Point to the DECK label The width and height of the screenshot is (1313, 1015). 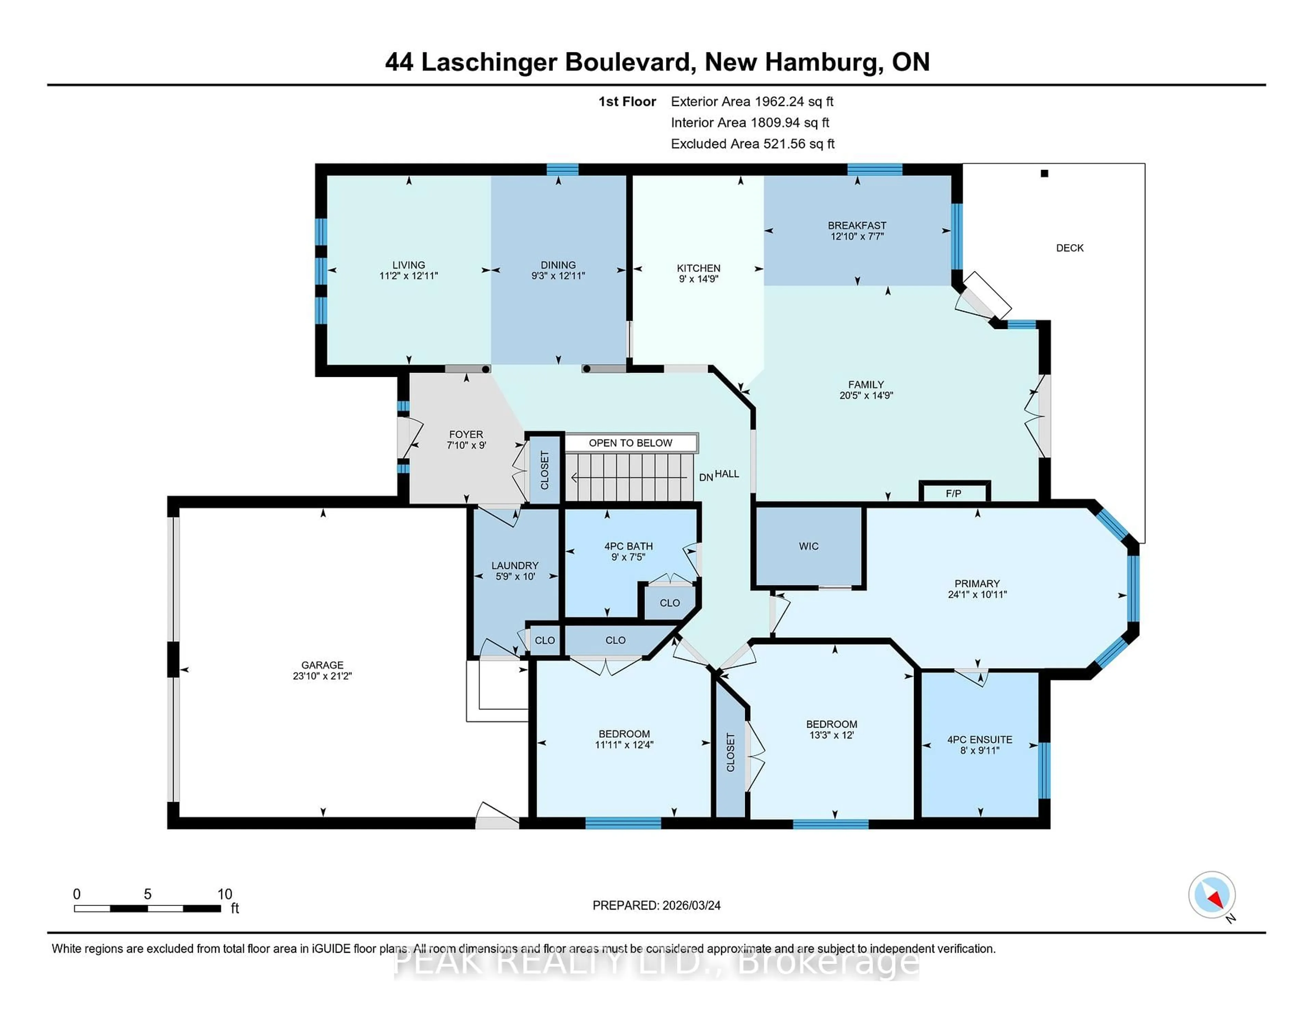[x=1070, y=248]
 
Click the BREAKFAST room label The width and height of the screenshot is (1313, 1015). [x=857, y=225]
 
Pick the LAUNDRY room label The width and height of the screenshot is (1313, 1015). [x=515, y=565]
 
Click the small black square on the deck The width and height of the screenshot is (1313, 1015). [x=1044, y=174]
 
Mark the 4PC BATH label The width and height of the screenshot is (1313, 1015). [x=628, y=546]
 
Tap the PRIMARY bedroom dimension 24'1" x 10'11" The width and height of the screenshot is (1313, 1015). [x=977, y=594]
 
